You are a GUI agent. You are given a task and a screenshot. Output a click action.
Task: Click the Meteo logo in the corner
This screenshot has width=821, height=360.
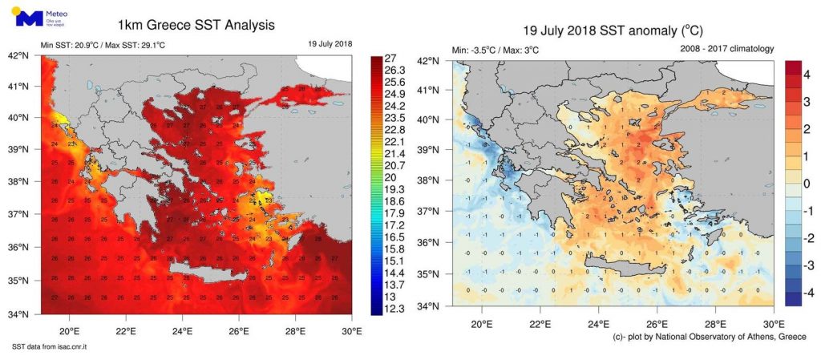pos(32,17)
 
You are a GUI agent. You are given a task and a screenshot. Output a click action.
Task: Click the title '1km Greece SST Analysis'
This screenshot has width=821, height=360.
pos(196,26)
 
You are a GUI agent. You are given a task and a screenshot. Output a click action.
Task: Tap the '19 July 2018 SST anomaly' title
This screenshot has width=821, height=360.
pos(613,31)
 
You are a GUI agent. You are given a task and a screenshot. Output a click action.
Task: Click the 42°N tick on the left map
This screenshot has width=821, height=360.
pos(18,56)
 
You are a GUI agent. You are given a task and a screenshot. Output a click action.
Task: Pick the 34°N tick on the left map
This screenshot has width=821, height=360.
pos(18,313)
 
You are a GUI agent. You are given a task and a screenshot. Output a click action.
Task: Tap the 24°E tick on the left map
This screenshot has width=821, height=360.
pos(182,330)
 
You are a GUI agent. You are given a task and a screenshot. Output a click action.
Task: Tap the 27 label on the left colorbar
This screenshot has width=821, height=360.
pos(391,58)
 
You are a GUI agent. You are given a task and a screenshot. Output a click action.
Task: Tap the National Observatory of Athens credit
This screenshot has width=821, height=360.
pos(709,337)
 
